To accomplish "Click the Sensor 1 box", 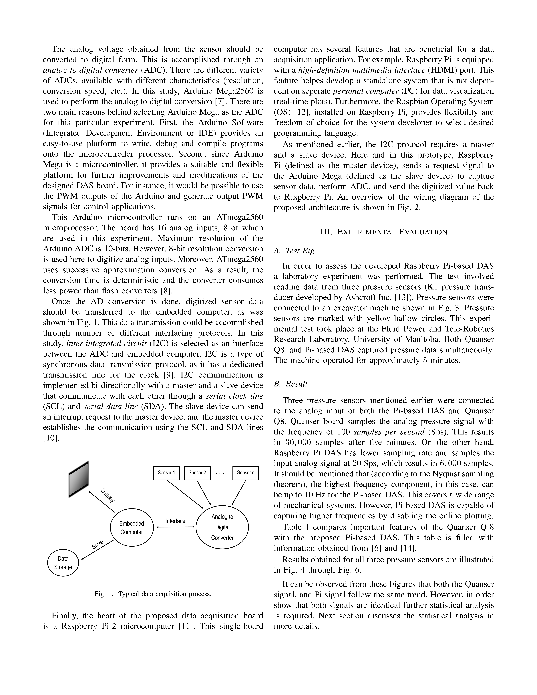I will (x=166, y=473).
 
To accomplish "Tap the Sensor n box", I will (x=246, y=473).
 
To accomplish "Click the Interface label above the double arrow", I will (x=175, y=521).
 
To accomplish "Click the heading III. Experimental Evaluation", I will (x=384, y=232).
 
